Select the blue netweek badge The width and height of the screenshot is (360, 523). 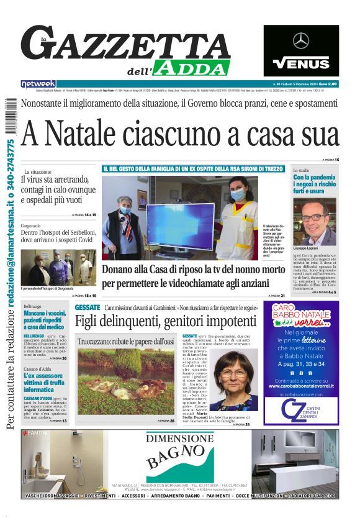coord(38,83)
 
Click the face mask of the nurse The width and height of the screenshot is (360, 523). coord(238,195)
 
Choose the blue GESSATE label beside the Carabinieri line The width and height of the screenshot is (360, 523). coord(87,308)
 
